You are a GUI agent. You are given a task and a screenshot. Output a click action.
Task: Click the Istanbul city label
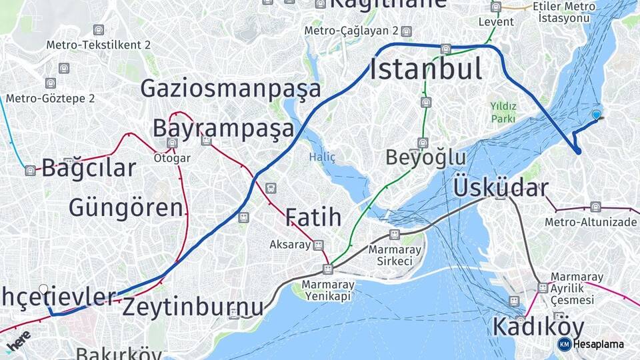pos(426,69)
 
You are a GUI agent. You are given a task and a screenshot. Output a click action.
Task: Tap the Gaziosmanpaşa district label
pos(231,89)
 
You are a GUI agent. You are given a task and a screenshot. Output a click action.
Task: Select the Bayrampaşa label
pos(223,127)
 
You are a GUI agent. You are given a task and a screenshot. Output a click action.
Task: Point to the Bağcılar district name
pos(89,168)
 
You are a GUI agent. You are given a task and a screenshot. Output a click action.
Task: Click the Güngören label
pos(126,207)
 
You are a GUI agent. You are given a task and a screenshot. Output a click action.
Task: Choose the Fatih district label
pos(313,217)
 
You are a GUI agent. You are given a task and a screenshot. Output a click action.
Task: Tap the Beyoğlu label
pos(426,157)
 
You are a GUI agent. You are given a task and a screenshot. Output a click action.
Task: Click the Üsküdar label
pos(501,187)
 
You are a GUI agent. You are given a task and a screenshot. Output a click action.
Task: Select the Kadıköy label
pos(538,327)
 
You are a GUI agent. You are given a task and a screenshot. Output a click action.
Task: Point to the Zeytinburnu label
pos(193,307)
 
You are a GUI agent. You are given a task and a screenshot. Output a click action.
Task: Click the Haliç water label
pos(322,157)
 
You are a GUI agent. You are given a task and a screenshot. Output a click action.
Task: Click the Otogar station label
pos(172,158)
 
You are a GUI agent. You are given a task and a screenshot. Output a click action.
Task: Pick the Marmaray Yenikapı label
pos(328,290)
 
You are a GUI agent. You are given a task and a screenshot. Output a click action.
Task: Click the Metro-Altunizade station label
pos(591,221)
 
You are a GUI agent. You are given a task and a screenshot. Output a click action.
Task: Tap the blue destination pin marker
pos(596,115)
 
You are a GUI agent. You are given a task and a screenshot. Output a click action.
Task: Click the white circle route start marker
pos(43,289)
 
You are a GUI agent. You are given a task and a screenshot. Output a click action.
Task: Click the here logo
pos(18,341)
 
